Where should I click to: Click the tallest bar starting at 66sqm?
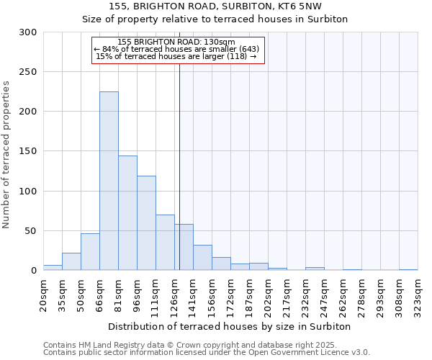109,181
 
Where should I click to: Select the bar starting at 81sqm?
127,213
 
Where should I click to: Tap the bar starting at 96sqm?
146,223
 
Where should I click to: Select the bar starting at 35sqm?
71,261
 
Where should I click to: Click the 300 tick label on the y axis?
29,32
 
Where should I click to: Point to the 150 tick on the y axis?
29,151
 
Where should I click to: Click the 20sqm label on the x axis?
44,294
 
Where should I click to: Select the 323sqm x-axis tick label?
418,294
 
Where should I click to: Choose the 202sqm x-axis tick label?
269,294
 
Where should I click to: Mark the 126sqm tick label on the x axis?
175,294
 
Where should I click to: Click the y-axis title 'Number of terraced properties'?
6,155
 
